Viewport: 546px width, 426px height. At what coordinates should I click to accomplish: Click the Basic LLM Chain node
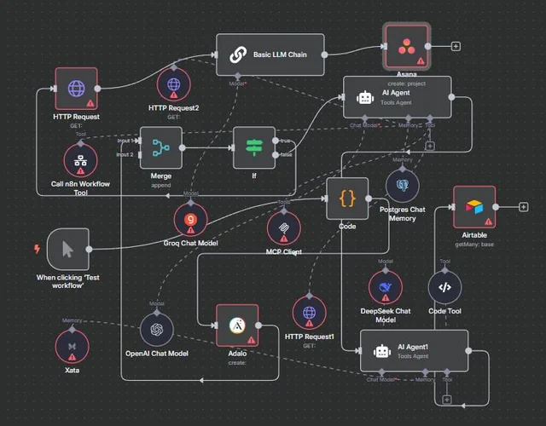click(270, 55)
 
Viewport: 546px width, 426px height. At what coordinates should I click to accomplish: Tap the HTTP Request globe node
click(76, 89)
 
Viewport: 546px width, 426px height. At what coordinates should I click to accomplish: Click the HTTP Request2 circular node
click(174, 85)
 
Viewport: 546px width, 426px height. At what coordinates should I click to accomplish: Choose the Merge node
click(160, 147)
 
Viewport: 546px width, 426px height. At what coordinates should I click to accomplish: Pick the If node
click(254, 147)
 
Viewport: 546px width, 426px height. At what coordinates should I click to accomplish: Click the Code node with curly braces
click(347, 199)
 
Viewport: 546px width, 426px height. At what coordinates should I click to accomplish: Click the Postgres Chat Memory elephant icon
click(402, 184)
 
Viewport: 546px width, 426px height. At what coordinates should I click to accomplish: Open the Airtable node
click(474, 207)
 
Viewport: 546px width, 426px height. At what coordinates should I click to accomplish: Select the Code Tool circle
click(444, 287)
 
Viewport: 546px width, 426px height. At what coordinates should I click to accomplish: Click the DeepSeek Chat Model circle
click(386, 287)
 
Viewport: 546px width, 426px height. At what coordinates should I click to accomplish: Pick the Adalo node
click(236, 325)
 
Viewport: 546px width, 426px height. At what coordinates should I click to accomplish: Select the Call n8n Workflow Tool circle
click(81, 160)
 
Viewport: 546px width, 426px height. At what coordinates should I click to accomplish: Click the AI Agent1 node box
click(414, 350)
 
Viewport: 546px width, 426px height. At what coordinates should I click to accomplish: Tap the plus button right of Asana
click(456, 46)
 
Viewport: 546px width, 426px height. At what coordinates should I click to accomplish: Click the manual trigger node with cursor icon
click(68, 249)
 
